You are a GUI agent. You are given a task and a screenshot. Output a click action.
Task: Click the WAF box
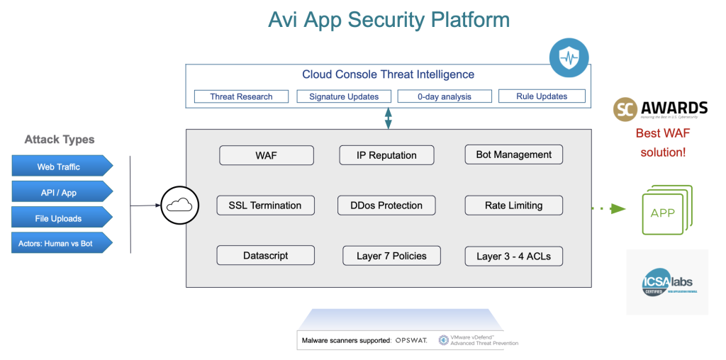click(266, 155)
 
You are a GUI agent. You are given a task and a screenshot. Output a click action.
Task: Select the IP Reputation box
click(387, 155)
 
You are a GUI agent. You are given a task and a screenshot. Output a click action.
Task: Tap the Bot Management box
click(514, 154)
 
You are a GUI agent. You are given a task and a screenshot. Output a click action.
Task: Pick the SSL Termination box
click(264, 206)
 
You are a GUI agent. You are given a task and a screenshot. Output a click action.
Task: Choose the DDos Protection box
click(386, 206)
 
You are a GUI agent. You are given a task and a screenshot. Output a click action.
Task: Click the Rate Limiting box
click(514, 206)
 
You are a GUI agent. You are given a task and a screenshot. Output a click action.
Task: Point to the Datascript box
click(266, 256)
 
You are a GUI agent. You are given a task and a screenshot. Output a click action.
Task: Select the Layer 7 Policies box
click(391, 256)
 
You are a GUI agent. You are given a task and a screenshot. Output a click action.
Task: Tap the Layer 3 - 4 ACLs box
click(513, 256)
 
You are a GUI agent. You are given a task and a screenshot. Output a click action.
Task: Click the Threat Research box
click(241, 96)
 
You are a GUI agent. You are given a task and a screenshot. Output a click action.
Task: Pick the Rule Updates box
click(542, 96)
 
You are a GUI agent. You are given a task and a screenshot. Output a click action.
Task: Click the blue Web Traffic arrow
click(61, 167)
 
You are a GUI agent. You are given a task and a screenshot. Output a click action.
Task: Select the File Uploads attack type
click(61, 218)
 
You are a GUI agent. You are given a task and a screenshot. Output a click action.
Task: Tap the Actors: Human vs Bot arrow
click(61, 244)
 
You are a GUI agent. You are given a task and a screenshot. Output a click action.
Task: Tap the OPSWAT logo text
click(411, 340)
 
